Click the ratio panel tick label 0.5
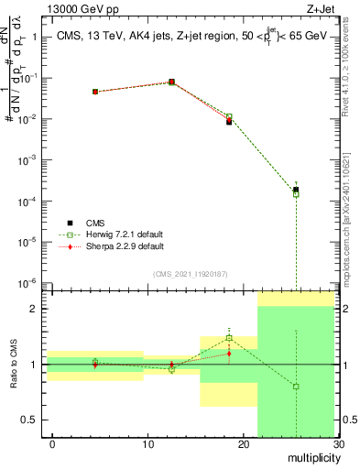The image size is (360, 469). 27,420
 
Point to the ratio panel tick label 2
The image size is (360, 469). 33,309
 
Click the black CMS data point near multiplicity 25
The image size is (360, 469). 296,190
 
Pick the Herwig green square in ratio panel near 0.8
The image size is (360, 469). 296,387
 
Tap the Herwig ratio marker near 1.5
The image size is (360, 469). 229,338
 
